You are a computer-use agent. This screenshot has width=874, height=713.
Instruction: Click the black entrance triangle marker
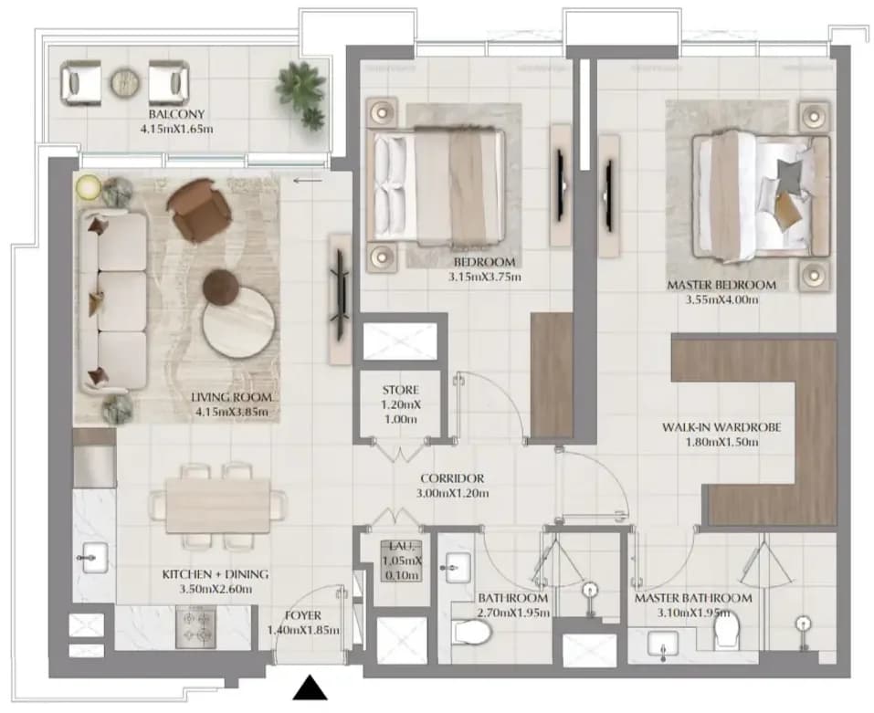pos(310,687)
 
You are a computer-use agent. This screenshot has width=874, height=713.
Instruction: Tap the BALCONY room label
pos(176,114)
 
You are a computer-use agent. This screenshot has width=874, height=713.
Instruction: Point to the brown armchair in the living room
pos(199,209)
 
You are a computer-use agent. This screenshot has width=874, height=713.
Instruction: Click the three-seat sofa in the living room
pos(113,300)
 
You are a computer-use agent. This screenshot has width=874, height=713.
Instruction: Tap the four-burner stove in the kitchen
pos(196,627)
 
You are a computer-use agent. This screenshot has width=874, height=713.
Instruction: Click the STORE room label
pos(400,390)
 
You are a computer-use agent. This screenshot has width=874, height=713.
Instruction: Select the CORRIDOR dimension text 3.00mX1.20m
pos(453,493)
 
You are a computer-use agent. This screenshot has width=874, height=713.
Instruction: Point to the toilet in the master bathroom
pos(727,630)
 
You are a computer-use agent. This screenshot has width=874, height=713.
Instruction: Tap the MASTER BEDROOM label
pos(721,285)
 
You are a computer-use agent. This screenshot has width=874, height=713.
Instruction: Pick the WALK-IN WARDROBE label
pos(721,427)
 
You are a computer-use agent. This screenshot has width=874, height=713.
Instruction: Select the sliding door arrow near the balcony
pos(307,180)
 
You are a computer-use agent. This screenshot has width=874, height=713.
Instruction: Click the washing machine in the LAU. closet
pos(401,561)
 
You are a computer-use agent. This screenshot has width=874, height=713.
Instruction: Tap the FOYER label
pos(302,615)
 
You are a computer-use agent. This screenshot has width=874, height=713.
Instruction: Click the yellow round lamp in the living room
pos(88,186)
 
